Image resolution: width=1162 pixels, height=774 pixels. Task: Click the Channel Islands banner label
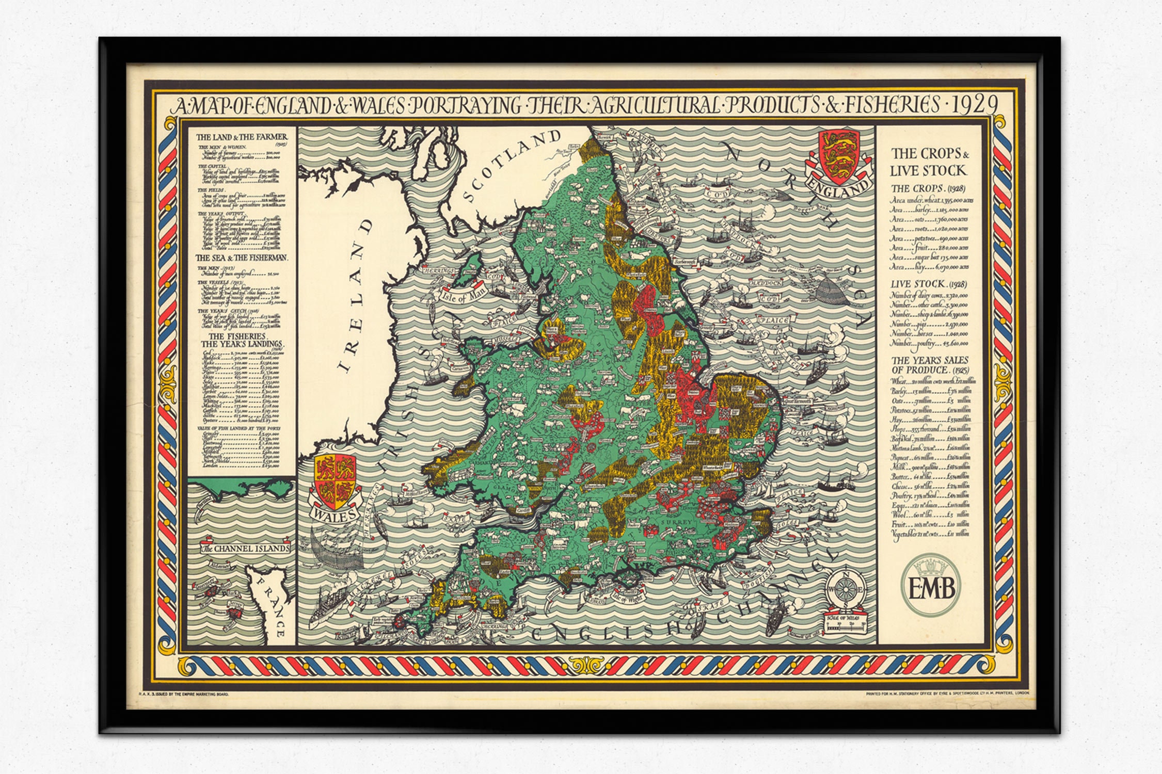[246, 548]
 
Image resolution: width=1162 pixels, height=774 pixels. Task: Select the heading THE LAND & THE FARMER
[241, 137]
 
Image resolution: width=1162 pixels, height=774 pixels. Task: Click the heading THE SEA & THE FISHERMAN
[241, 257]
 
